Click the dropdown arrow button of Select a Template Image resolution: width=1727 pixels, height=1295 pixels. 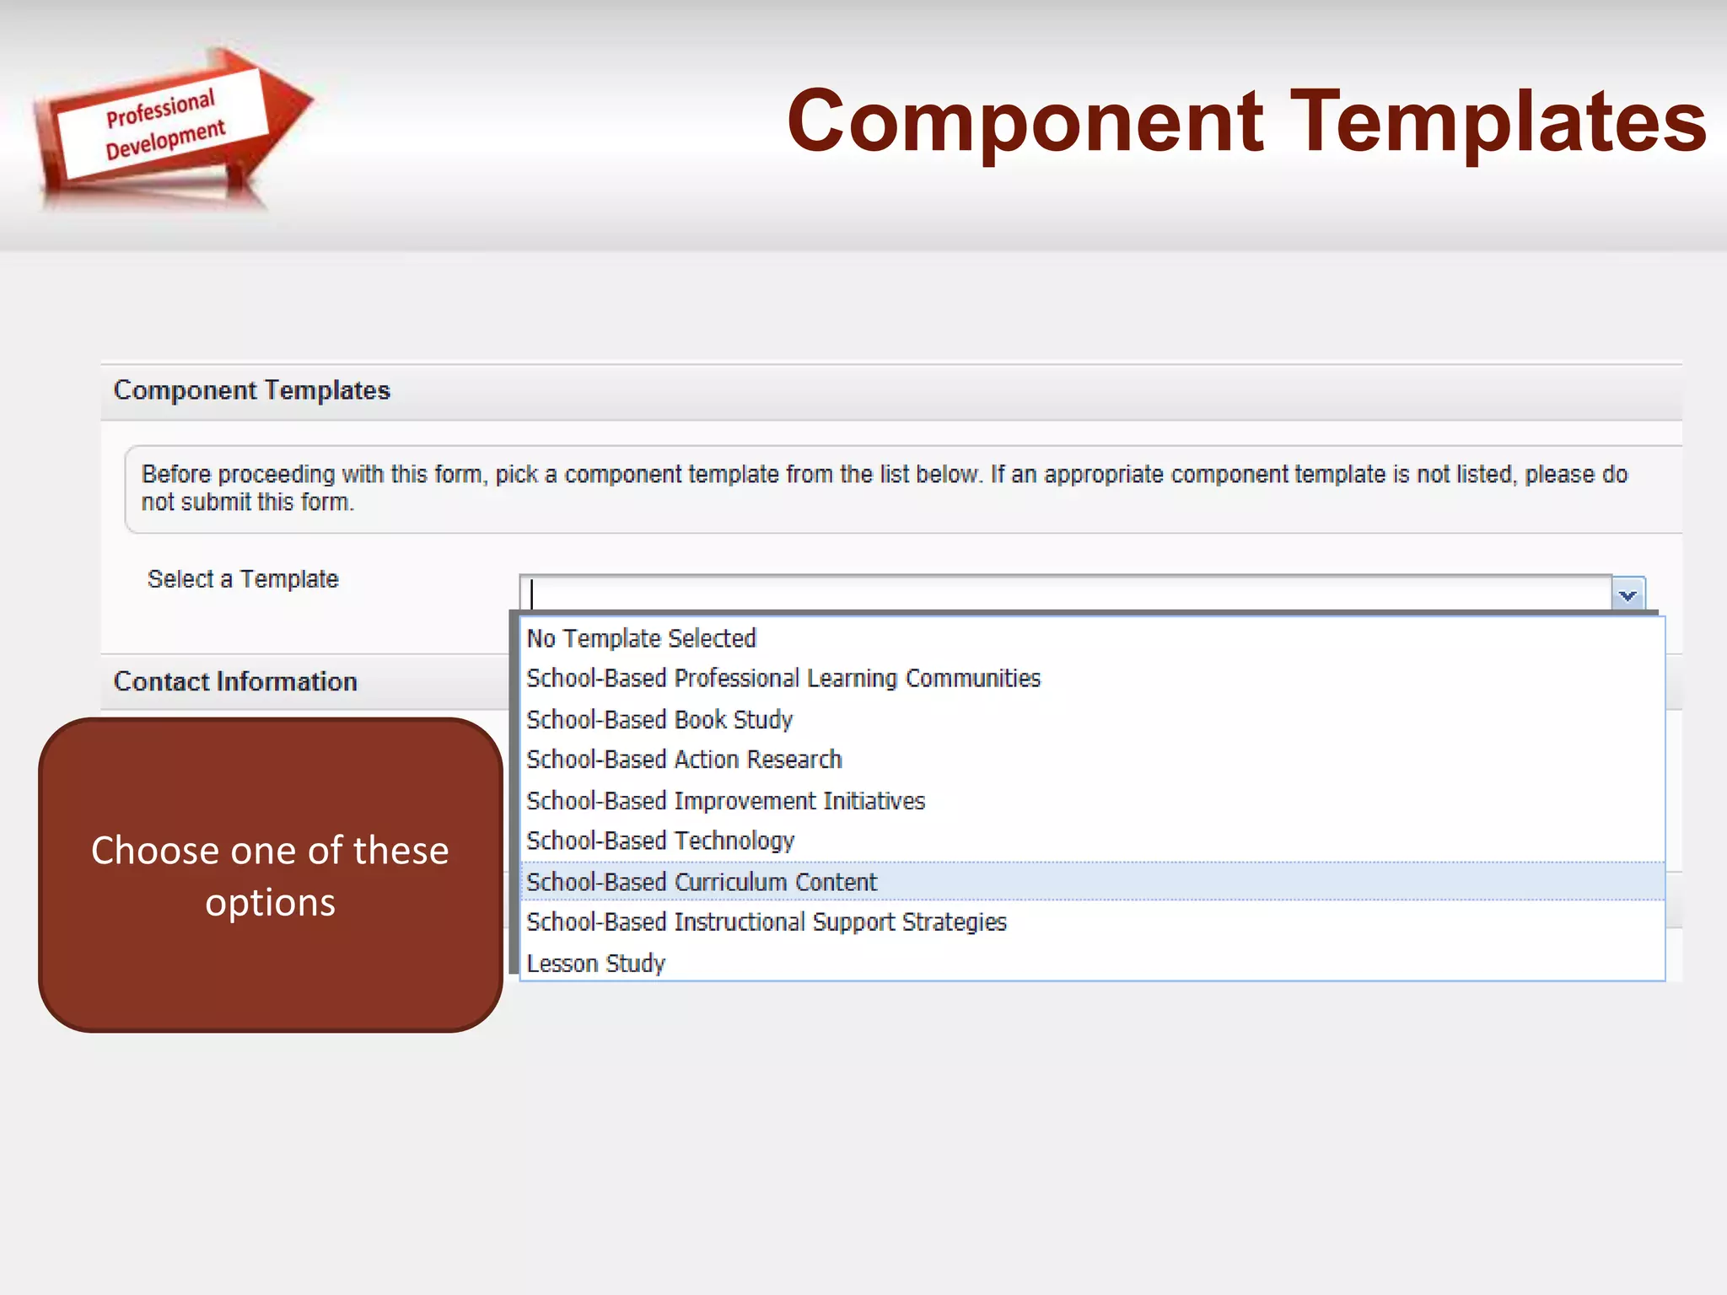tap(1627, 594)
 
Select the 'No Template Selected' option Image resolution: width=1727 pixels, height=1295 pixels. tap(641, 638)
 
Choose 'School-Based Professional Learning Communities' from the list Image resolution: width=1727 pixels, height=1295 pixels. tap(783, 679)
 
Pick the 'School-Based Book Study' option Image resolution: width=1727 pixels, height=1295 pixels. tap(659, 719)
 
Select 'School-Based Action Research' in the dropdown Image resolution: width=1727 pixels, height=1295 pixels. tap(684, 760)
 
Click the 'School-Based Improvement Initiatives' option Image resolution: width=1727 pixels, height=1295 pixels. tap(725, 800)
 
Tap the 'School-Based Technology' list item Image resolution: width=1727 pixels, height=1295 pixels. tap(660, 841)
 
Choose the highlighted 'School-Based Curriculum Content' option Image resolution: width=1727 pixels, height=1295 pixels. tap(702, 882)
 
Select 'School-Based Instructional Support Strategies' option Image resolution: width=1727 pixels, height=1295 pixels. tap(767, 922)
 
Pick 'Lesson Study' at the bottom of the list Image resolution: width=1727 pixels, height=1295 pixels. tap(595, 963)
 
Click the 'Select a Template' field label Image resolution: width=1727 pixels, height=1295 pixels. tap(243, 579)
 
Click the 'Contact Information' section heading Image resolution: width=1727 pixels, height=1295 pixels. tap(235, 681)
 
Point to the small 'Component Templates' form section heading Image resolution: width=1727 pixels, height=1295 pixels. tap(251, 390)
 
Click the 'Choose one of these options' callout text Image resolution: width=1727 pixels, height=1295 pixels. tap(270, 875)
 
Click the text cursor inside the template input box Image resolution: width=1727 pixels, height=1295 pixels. tap(532, 594)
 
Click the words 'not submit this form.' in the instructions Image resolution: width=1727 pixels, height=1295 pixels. tap(247, 502)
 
